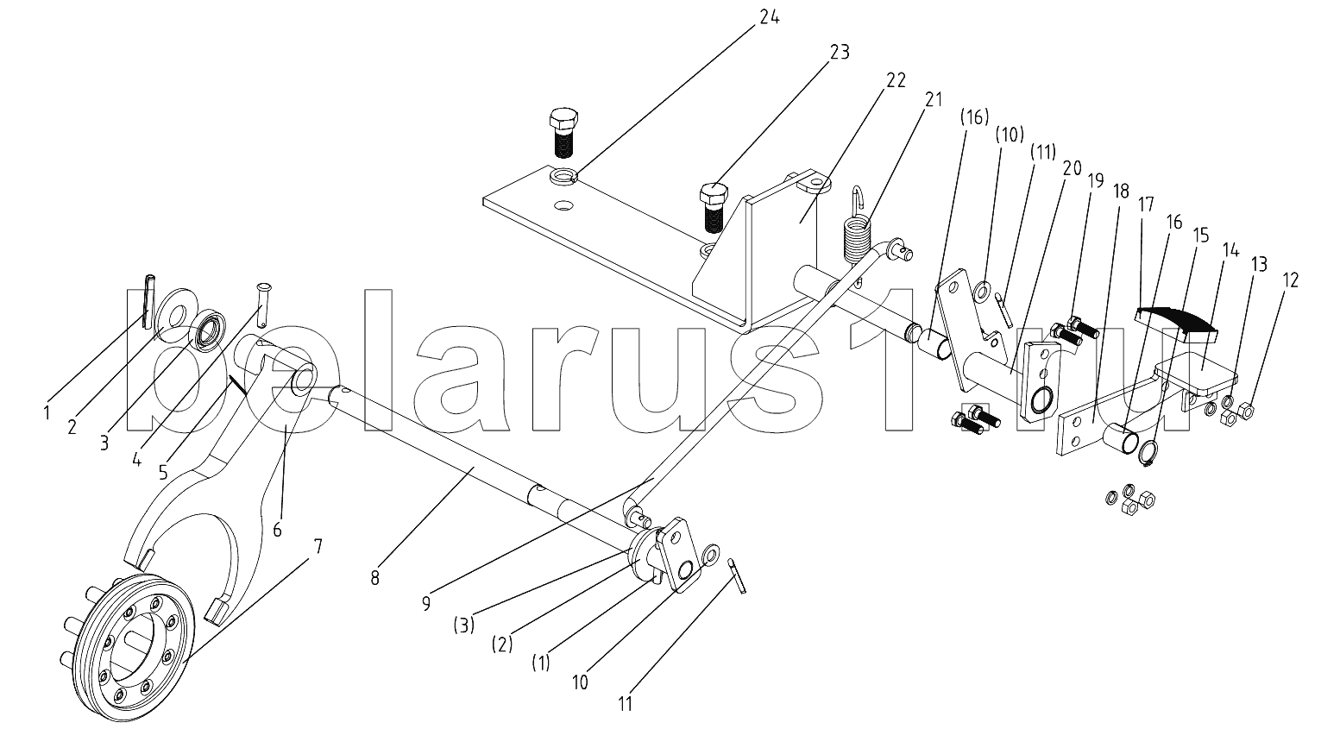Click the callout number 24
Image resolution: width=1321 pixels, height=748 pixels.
coord(769,17)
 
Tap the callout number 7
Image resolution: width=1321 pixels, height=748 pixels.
coord(318,546)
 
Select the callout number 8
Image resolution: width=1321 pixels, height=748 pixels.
coord(375,578)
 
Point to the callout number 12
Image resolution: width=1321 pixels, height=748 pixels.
coord(1290,280)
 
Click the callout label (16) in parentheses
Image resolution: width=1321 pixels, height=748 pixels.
coord(973,118)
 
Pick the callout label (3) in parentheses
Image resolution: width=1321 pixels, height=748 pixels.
coord(464,625)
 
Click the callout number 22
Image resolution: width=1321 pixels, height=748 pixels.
coord(896,79)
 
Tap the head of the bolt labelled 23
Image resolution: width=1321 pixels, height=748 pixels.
coord(714,193)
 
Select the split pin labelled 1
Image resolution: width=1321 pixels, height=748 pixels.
coord(148,300)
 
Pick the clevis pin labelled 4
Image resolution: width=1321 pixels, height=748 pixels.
coord(263,305)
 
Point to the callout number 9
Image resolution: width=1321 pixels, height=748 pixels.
coord(425,603)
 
